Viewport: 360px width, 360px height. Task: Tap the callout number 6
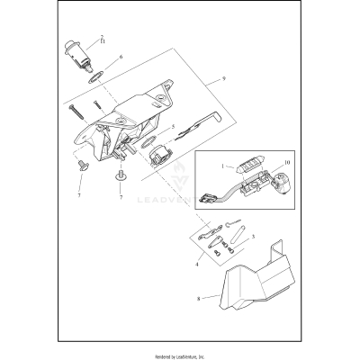121,56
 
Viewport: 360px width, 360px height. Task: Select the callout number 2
102,36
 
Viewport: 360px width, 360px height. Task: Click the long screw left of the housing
75,116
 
